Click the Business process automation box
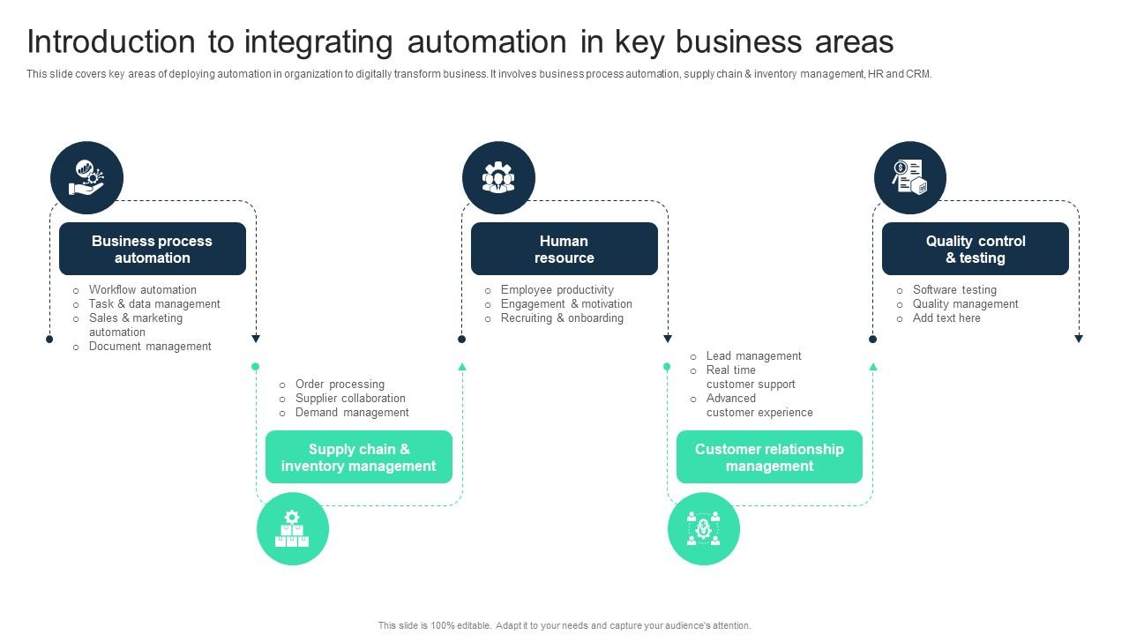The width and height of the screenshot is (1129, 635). click(152, 249)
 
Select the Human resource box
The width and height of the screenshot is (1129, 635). click(564, 249)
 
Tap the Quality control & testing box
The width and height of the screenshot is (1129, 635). click(975, 249)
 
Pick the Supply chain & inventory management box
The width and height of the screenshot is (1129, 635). click(358, 457)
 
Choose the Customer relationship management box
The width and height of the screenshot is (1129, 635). click(769, 457)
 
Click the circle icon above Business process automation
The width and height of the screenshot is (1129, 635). click(86, 177)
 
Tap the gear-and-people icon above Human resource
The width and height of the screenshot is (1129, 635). click(498, 177)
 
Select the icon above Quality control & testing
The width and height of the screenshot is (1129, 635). click(909, 177)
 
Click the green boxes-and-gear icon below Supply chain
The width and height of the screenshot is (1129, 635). click(292, 529)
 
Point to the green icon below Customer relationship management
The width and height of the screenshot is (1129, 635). click(703, 529)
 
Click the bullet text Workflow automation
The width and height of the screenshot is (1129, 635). click(142, 289)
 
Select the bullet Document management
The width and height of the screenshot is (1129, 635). click(150, 346)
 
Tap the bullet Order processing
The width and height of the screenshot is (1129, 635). click(340, 384)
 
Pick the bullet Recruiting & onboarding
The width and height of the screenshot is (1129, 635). click(562, 317)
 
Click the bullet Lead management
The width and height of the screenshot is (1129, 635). click(753, 355)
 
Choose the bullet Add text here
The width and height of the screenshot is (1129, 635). click(946, 317)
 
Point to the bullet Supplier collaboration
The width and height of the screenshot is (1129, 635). click(350, 398)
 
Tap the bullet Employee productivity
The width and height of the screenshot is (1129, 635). click(557, 289)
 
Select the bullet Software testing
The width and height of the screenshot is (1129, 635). click(954, 289)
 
